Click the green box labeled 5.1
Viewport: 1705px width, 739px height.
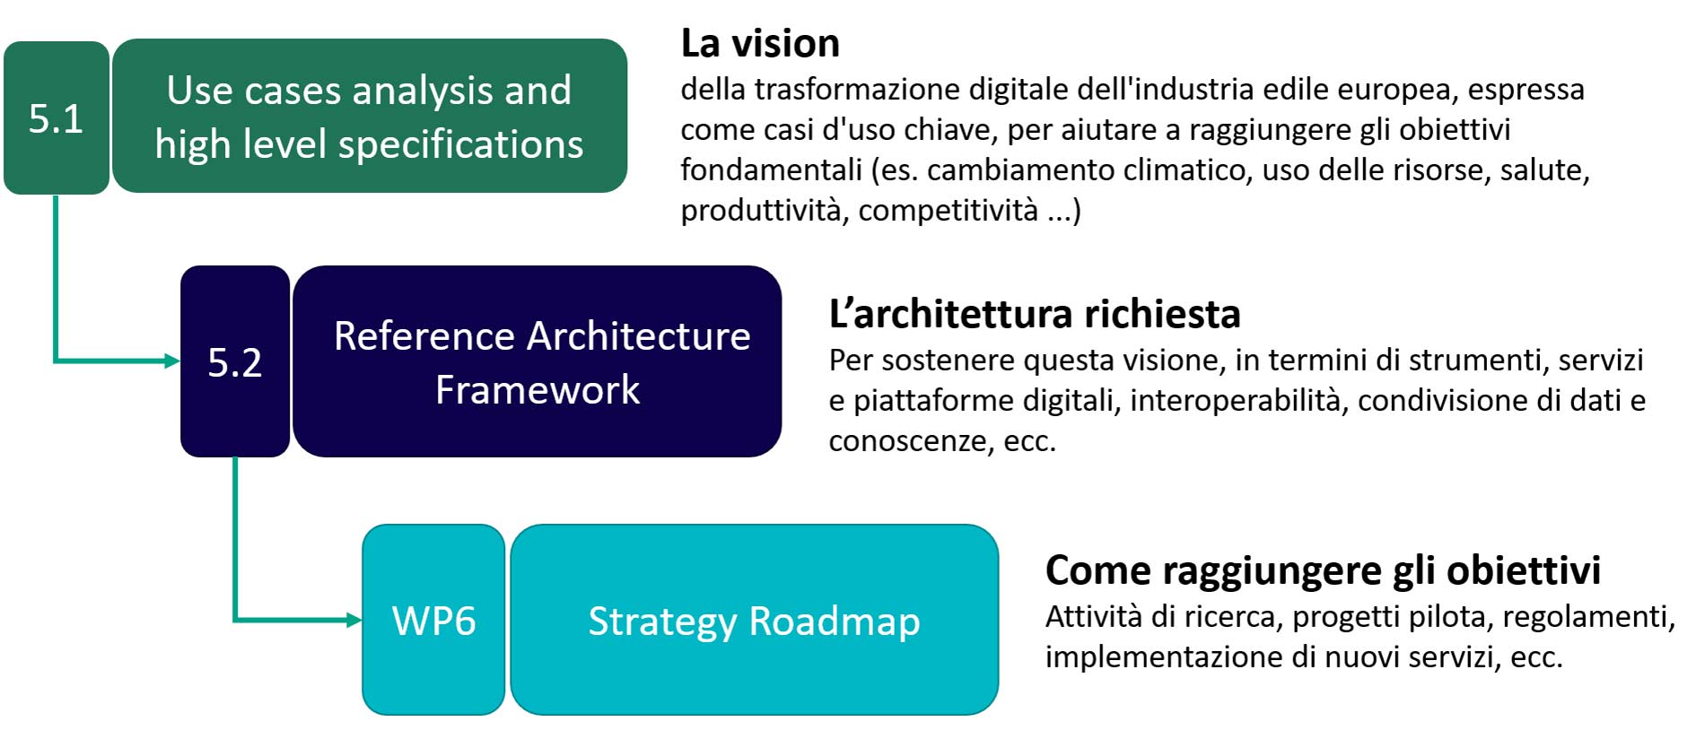[57, 117]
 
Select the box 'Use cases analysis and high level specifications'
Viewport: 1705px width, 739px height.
[370, 116]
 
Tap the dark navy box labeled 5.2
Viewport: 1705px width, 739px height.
[235, 361]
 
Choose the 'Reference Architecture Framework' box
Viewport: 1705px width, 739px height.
[538, 361]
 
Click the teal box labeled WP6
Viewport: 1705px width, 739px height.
[433, 620]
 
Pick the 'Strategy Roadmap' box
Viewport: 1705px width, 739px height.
[755, 620]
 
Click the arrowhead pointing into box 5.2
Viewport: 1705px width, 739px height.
[172, 361]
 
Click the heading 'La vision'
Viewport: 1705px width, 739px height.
[760, 43]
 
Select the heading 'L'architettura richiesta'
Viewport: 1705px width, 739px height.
[1035, 314]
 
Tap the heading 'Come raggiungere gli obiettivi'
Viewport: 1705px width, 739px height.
[1323, 570]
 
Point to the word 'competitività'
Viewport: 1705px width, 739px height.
[949, 210]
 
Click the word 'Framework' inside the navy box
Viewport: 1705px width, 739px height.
[538, 389]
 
